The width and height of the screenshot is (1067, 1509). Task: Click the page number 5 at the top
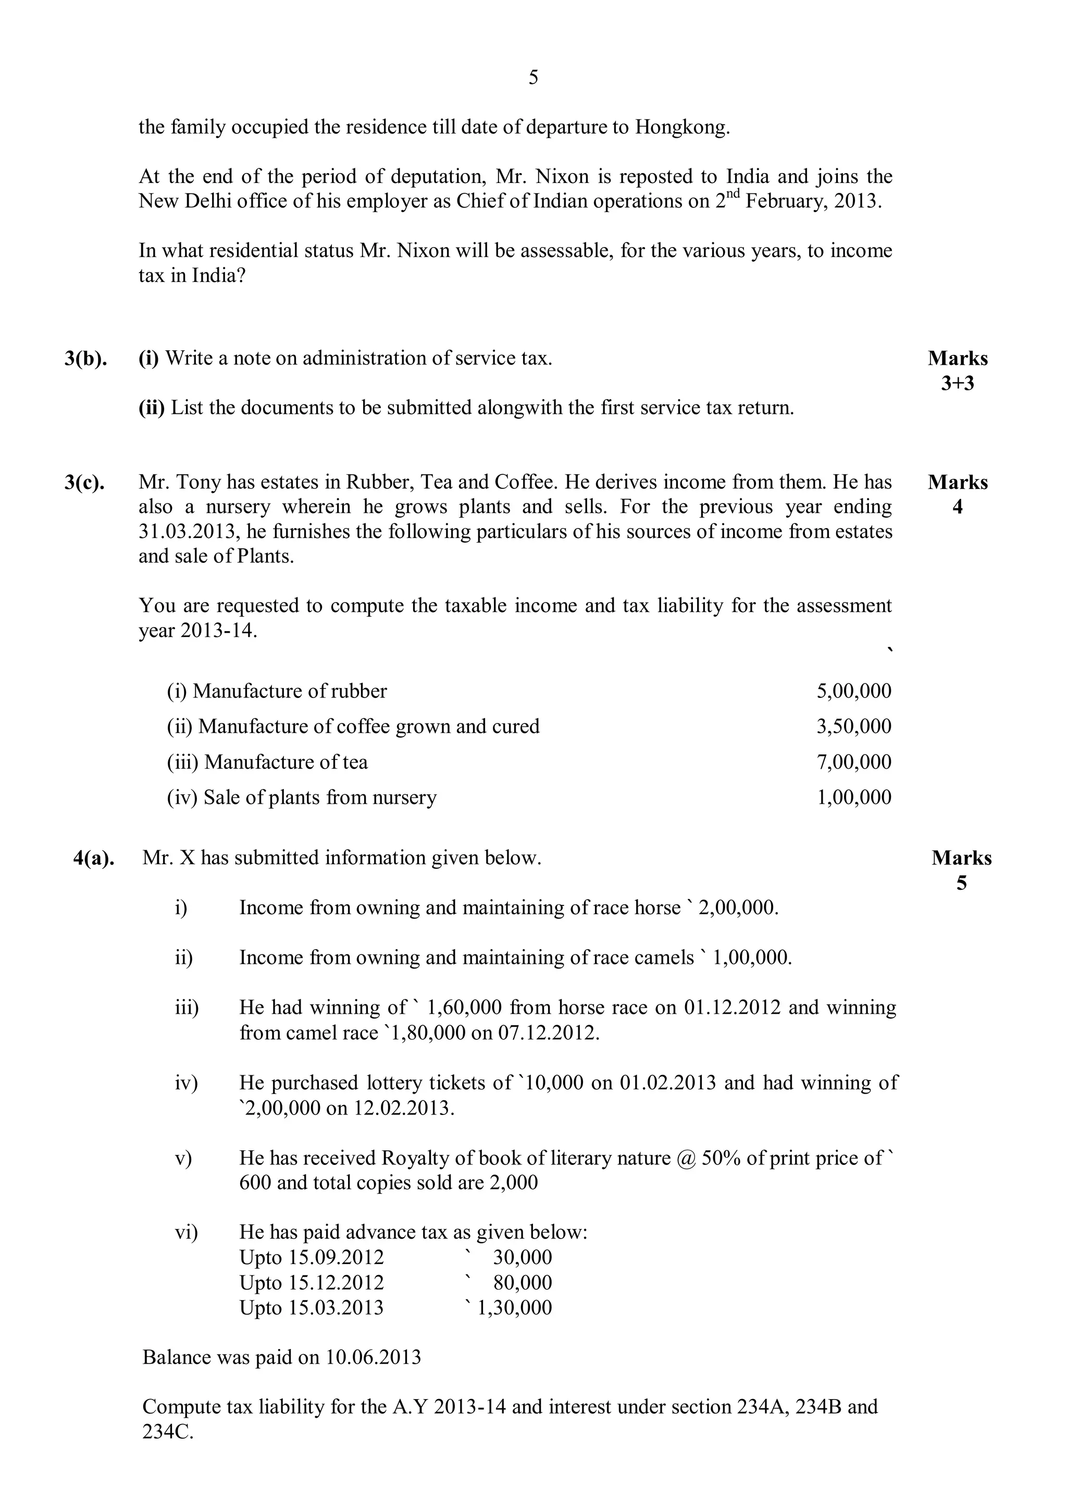(533, 78)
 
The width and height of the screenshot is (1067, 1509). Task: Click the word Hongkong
(682, 127)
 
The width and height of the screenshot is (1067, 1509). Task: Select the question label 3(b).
(85, 359)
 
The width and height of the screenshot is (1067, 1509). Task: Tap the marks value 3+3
(957, 383)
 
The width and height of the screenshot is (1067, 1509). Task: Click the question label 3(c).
(85, 482)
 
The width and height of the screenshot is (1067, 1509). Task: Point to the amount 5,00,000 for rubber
(853, 691)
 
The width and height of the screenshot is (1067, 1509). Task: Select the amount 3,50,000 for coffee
(853, 726)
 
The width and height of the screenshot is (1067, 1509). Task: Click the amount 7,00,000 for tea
(853, 762)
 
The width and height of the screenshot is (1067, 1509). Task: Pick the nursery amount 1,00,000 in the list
(853, 797)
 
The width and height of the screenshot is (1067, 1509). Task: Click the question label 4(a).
(94, 858)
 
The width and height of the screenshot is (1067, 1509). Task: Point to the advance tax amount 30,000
(523, 1257)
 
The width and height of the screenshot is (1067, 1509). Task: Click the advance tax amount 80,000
(523, 1282)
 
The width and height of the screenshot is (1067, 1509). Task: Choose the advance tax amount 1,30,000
(514, 1307)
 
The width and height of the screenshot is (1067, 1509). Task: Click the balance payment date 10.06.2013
(373, 1357)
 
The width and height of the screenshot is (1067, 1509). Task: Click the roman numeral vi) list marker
(186, 1232)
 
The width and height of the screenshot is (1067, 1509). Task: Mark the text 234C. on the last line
(168, 1432)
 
